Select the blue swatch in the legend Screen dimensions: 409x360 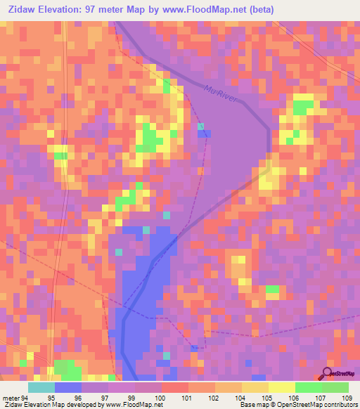[68, 388]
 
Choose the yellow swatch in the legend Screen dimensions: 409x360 [282, 388]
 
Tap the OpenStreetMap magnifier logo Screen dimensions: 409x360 [327, 372]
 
